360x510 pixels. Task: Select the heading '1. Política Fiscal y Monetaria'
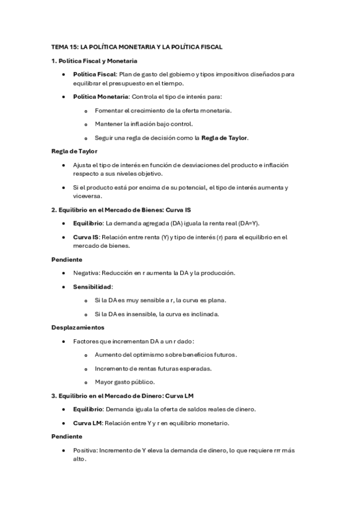pos(94,61)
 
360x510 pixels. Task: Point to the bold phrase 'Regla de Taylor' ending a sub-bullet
pos(224,138)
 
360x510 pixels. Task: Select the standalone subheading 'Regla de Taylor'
pos(75,151)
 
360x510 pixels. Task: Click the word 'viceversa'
pos(88,196)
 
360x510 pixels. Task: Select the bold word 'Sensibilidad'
pos(93,286)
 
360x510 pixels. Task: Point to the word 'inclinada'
pos(205,313)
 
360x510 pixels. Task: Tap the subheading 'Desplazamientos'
pos(78,327)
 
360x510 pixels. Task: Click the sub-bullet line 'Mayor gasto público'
pos(125,381)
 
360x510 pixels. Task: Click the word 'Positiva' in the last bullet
pos(85,450)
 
